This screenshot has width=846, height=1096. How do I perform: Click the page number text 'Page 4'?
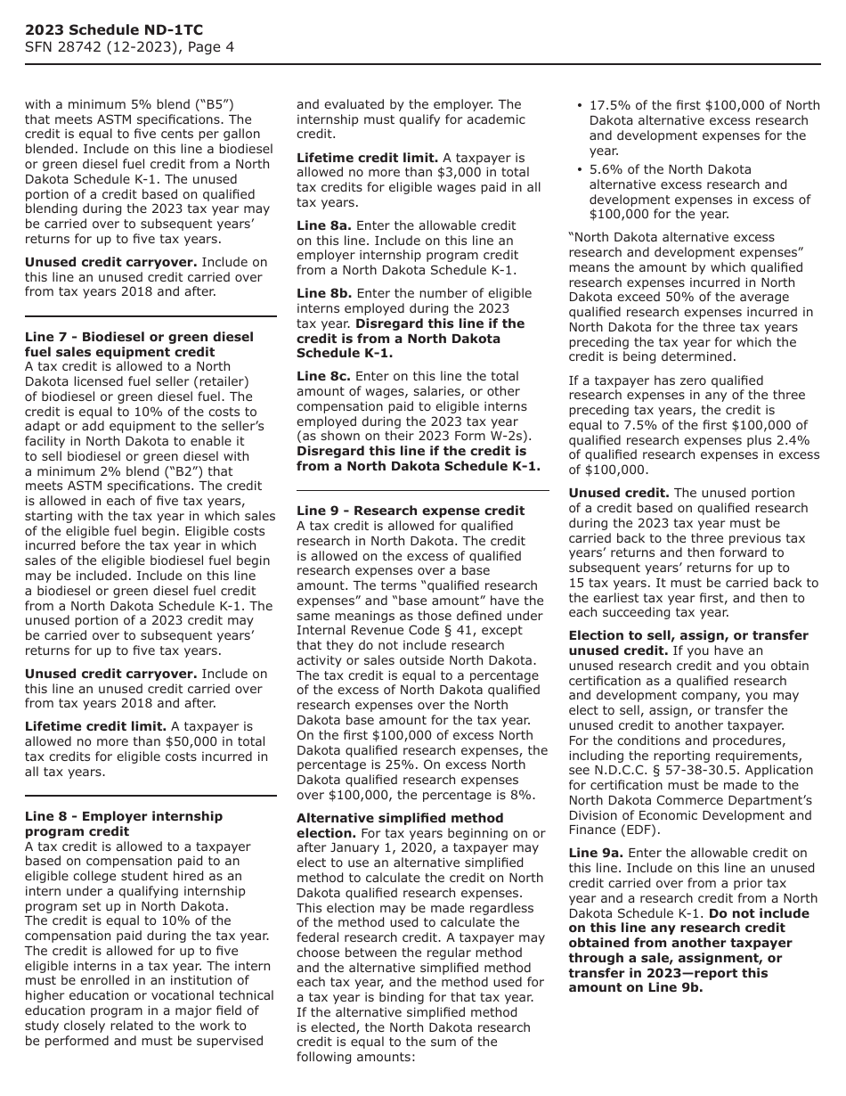[x=213, y=47]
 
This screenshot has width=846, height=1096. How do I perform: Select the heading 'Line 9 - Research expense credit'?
[x=411, y=511]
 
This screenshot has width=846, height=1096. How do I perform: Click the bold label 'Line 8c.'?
[x=324, y=376]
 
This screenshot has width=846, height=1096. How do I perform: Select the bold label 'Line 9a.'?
[x=596, y=853]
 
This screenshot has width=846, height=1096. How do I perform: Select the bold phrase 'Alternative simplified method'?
[x=400, y=818]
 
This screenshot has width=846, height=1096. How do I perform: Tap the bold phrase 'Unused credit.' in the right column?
[x=619, y=493]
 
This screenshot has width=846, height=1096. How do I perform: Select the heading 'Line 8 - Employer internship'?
[x=124, y=816]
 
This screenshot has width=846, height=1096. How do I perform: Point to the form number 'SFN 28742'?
[x=64, y=47]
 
